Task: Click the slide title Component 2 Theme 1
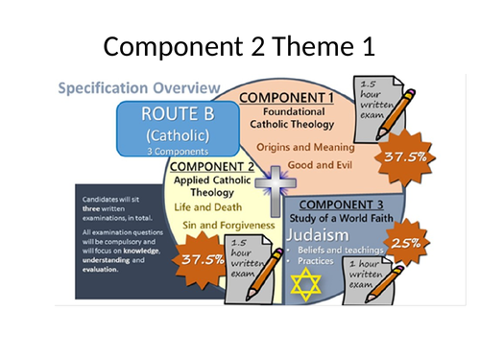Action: coord(240,45)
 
